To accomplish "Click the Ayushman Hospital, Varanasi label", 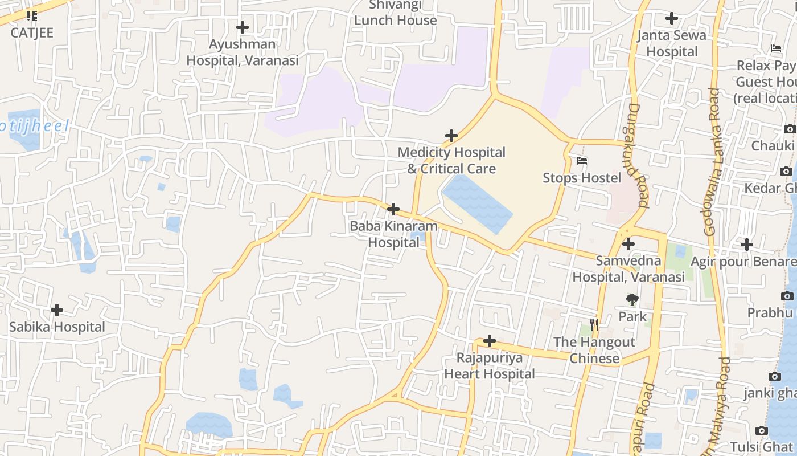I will (243, 52).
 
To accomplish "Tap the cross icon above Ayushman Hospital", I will (243, 27).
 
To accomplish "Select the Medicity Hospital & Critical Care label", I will (451, 160).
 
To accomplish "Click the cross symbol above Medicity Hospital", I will (451, 136).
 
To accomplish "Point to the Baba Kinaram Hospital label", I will (393, 234).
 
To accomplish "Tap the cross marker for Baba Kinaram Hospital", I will (393, 209).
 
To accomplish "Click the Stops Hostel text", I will (582, 178).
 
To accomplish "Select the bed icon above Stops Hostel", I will (582, 161).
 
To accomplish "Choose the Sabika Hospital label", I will (57, 327).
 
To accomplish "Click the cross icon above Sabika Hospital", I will (57, 310).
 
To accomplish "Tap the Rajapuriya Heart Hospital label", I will (490, 365).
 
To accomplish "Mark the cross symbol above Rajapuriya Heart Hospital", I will (490, 341).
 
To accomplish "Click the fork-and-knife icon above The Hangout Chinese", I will (594, 325).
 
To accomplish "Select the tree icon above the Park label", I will (632, 300).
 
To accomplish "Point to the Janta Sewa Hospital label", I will (672, 43).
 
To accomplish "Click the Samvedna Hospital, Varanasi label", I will (628, 269).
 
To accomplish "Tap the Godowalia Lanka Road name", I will (712, 162).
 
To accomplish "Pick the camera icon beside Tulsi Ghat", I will (761, 430).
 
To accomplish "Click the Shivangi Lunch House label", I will (396, 13).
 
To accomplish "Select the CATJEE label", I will (32, 32).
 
